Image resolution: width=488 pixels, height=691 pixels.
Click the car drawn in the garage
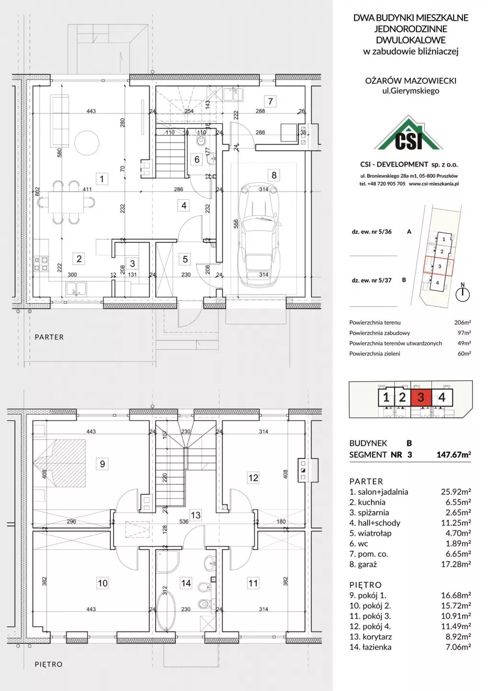pyautogui.click(x=260, y=235)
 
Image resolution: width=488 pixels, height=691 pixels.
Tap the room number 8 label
pyautogui.click(x=274, y=175)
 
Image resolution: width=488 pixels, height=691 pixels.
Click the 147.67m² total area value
pyautogui.click(x=453, y=454)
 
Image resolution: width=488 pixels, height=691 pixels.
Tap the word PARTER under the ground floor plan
pyautogui.click(x=49, y=337)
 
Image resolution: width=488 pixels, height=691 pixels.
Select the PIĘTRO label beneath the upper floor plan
pyautogui.click(x=49, y=664)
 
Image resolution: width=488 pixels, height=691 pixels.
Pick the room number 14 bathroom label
pyautogui.click(x=186, y=583)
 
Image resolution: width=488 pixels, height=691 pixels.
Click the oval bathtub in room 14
pyautogui.click(x=166, y=612)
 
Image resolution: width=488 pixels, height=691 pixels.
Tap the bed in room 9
pyautogui.click(x=59, y=464)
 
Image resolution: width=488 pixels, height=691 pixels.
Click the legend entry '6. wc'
pyautogui.click(x=359, y=544)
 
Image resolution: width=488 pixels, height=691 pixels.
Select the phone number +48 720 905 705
pyautogui.click(x=386, y=183)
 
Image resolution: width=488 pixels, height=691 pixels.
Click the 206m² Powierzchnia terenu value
pyautogui.click(x=463, y=322)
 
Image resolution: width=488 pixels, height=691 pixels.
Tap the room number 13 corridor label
pyautogui.click(x=196, y=515)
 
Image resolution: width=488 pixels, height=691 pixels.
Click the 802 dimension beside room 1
pyautogui.click(x=37, y=192)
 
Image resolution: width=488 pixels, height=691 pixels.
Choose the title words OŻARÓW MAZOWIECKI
pyautogui.click(x=411, y=81)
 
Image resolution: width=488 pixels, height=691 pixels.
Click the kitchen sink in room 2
pyautogui.click(x=76, y=289)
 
